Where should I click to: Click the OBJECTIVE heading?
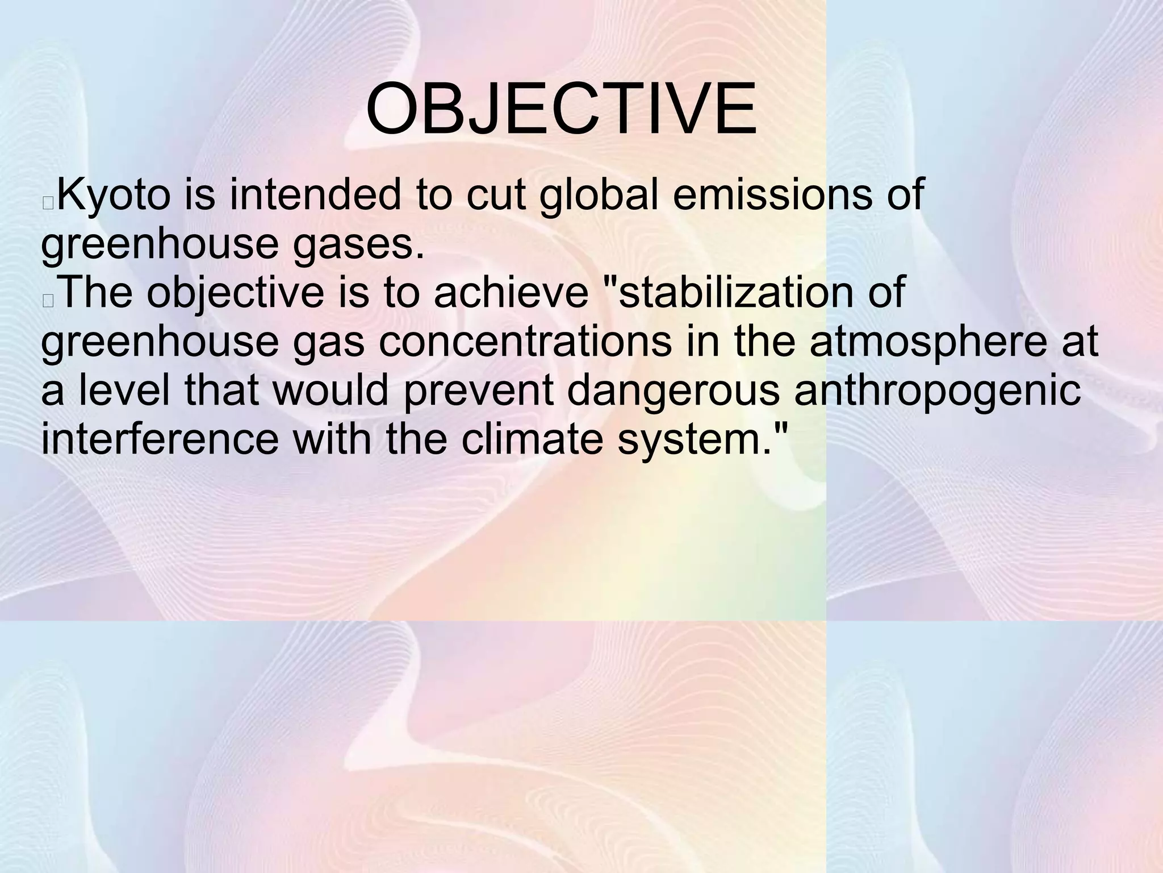(x=561, y=110)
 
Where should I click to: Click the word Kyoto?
(x=114, y=195)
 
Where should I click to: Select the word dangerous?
(x=673, y=392)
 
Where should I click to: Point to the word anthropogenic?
(x=937, y=392)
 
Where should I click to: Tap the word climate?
(x=532, y=440)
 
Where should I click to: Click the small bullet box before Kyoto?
(x=48, y=203)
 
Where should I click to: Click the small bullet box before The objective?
(x=48, y=301)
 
